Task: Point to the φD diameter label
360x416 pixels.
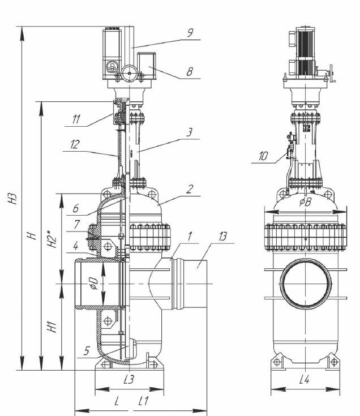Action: pyautogui.click(x=95, y=284)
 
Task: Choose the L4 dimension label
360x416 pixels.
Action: pyautogui.click(x=304, y=380)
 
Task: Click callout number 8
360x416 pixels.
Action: pyautogui.click(x=190, y=72)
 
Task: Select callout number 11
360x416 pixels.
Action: pyautogui.click(x=76, y=119)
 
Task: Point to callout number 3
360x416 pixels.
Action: pyautogui.click(x=190, y=132)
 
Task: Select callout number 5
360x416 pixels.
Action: pyautogui.click(x=87, y=351)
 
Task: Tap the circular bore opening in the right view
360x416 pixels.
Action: pyautogui.click(x=305, y=284)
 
